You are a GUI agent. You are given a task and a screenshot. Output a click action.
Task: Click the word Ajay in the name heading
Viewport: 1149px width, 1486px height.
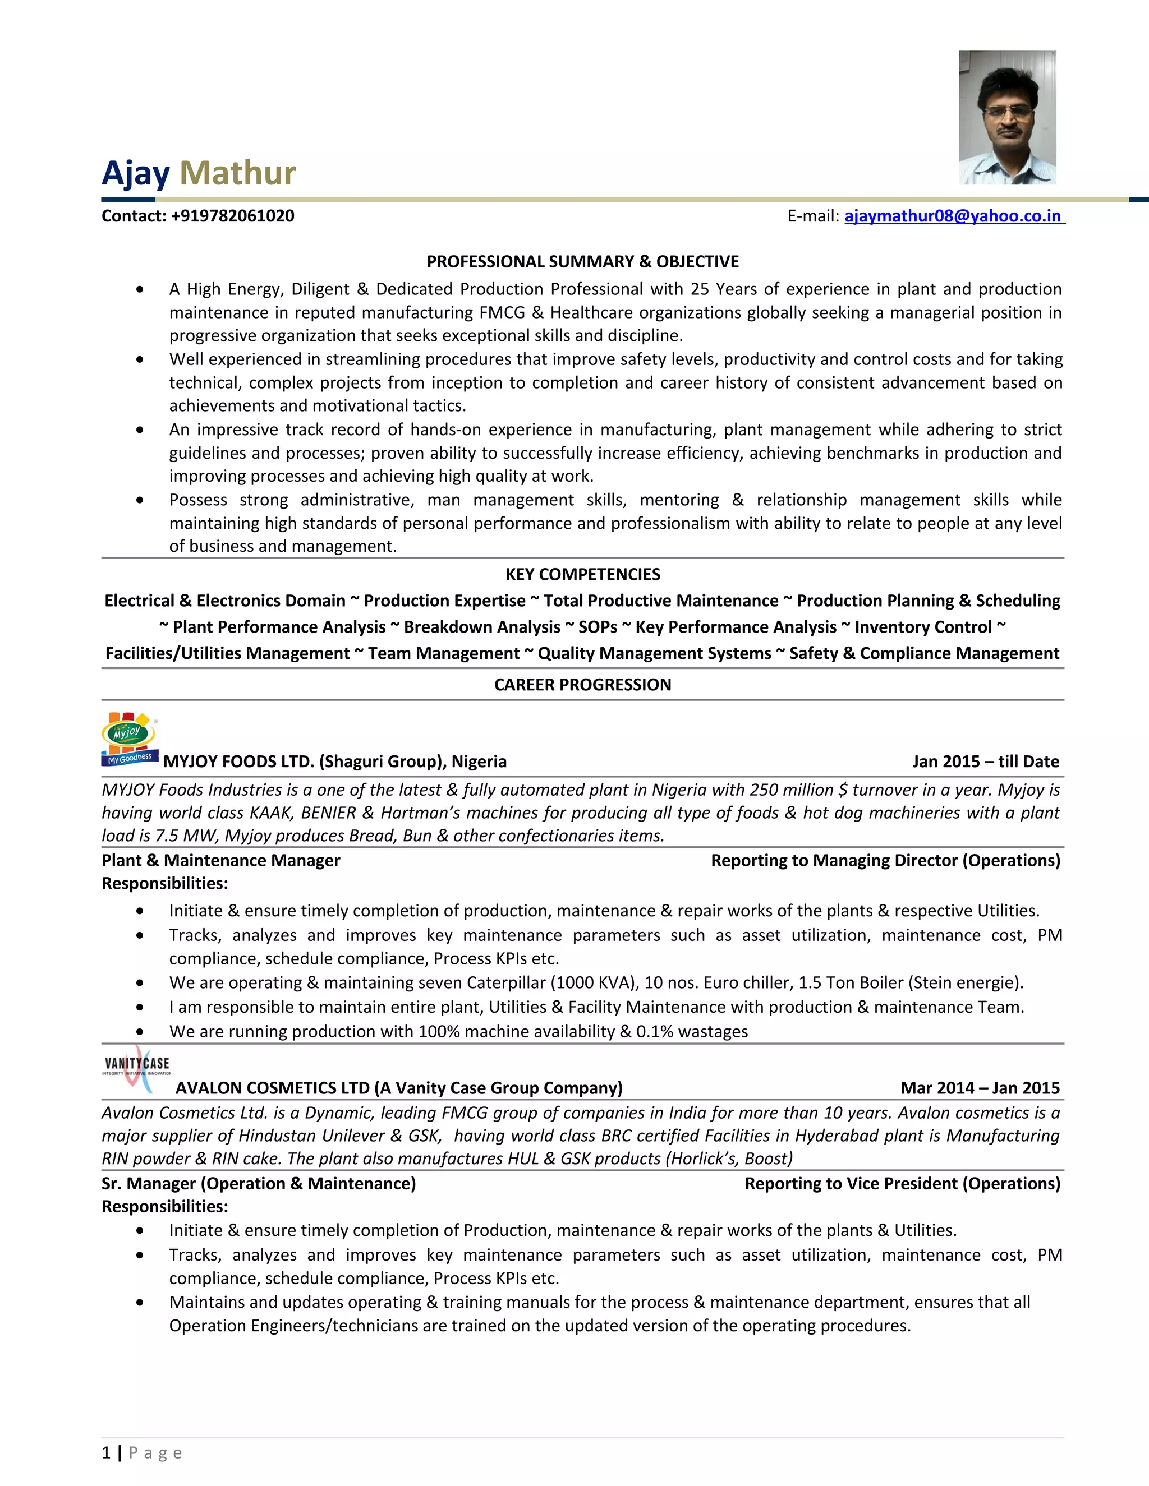click(x=135, y=173)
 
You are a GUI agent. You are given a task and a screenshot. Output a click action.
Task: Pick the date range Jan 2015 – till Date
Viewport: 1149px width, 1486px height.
click(x=985, y=762)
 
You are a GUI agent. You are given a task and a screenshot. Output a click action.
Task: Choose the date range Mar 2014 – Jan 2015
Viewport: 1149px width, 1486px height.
click(x=980, y=1088)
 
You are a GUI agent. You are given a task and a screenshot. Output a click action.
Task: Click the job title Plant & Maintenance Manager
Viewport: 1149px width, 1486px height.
click(x=220, y=861)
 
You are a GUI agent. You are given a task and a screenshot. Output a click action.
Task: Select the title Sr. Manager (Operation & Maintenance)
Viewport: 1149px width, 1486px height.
click(x=259, y=1184)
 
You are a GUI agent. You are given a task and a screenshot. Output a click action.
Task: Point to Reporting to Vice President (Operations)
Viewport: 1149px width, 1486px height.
click(x=902, y=1184)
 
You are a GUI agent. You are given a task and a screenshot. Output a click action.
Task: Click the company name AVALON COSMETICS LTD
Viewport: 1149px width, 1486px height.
click(x=272, y=1088)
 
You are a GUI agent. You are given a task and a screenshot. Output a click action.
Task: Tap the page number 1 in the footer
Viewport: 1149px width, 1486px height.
click(x=106, y=1453)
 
